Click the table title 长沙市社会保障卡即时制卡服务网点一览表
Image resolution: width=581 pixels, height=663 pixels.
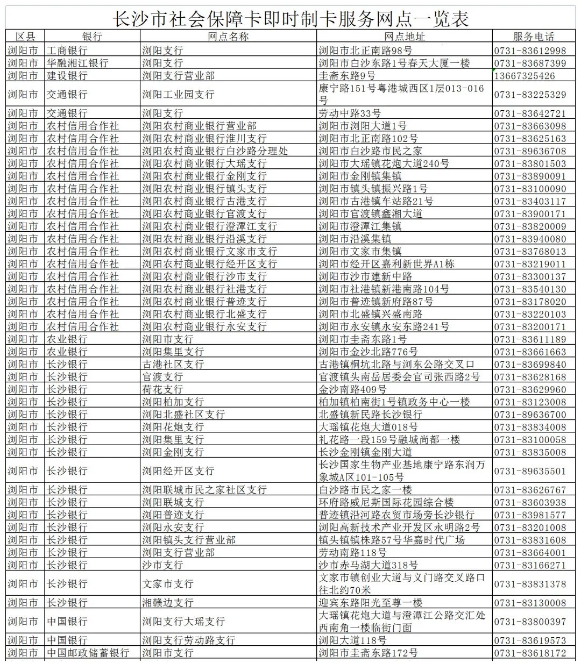(290, 18)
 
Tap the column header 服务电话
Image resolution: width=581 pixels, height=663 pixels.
(533, 37)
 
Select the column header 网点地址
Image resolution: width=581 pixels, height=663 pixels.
(405, 37)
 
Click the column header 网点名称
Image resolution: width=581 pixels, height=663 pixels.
(228, 37)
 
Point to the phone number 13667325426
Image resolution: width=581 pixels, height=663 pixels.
(525, 76)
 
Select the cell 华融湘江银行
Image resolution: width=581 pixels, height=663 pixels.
(77, 63)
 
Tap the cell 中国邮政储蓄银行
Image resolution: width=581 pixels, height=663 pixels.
(88, 653)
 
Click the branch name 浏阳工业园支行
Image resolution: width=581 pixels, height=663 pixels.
(178, 94)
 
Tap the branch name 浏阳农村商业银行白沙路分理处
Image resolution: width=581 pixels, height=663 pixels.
(215, 151)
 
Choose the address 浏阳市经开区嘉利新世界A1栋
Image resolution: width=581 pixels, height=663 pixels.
(386, 264)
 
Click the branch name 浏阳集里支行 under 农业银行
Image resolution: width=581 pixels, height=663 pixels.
(173, 352)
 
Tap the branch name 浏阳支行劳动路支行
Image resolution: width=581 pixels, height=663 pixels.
(188, 640)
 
